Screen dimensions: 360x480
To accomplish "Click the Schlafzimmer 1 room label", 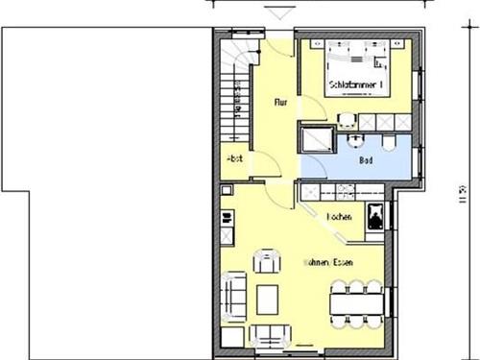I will (x=355, y=85).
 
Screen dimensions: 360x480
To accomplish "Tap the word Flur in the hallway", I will (x=281, y=101).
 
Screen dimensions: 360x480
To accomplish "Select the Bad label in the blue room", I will (x=365, y=161).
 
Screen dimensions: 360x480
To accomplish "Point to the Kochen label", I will (x=339, y=218).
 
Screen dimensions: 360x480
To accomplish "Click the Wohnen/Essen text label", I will (x=326, y=261).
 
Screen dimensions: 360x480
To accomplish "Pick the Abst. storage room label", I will (x=234, y=158).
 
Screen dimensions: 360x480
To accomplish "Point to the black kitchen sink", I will (x=374, y=216).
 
